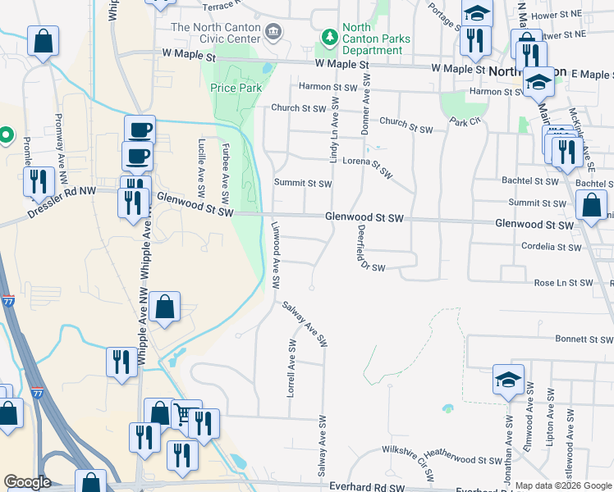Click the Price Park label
pos(237,88)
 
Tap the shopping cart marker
pos(186,414)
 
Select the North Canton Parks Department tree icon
pos(329,37)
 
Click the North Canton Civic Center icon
pos(274,32)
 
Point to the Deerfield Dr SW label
pos(365,247)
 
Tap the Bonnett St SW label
pos(584,339)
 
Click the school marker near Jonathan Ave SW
pos(508,380)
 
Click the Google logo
pos(27,482)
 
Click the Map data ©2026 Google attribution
pos(564,485)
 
